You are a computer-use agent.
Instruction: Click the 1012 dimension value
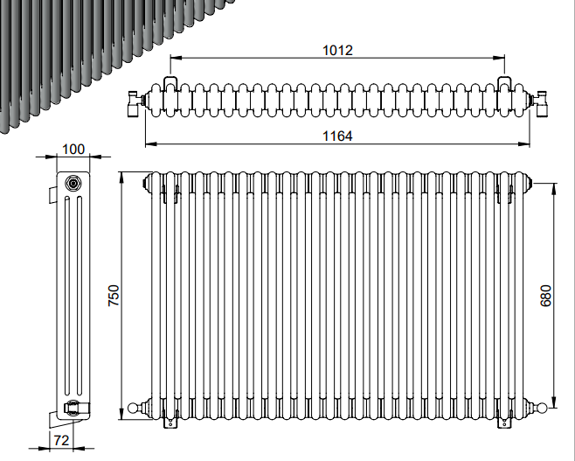click(337, 50)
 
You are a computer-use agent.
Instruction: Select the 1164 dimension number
click(337, 136)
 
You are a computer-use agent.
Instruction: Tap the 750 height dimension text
click(114, 296)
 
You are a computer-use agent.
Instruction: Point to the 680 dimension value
click(545, 296)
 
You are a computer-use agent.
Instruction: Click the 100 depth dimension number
click(73, 150)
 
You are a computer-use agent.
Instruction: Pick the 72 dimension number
click(61, 441)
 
